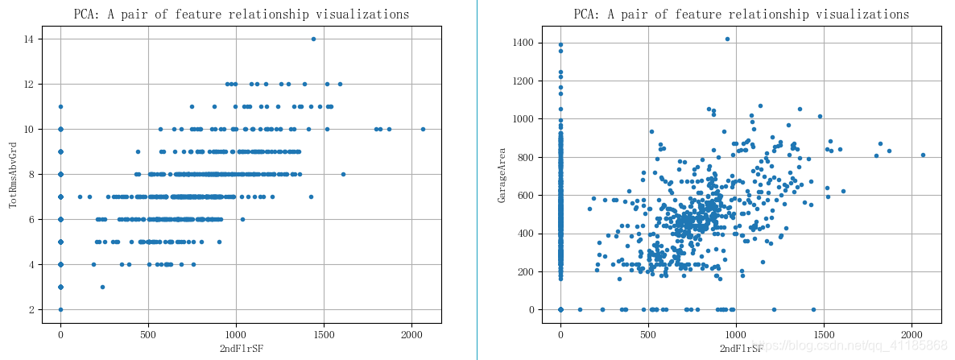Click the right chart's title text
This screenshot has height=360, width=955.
click(x=742, y=14)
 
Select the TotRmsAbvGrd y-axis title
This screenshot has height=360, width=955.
click(x=14, y=175)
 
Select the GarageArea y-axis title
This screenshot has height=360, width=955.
click(x=503, y=175)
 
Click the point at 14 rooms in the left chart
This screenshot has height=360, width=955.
click(x=313, y=39)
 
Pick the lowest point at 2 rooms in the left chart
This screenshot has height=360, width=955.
click(x=60, y=309)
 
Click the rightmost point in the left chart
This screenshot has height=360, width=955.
click(x=423, y=129)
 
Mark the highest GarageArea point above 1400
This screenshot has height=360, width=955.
click(x=727, y=39)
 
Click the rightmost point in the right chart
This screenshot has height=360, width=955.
click(x=923, y=155)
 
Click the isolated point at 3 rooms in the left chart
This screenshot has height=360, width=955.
click(x=102, y=287)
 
